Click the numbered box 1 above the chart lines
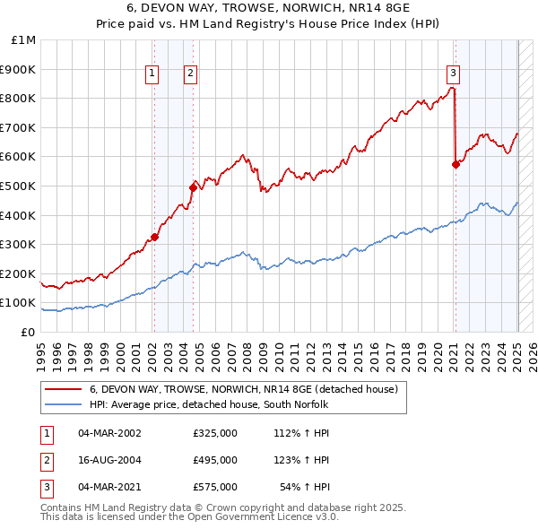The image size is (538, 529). [x=152, y=74]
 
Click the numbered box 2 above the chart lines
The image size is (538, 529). [x=192, y=74]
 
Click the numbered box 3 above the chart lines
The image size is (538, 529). [x=453, y=74]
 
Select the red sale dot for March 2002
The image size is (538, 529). [x=154, y=237]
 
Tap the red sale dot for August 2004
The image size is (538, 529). [x=194, y=186]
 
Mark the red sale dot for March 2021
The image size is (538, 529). [x=455, y=163]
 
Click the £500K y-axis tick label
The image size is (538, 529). [x=20, y=186]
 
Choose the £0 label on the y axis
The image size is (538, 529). [x=28, y=332]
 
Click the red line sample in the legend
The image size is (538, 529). [x=63, y=390]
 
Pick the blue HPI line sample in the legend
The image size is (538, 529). [x=63, y=405]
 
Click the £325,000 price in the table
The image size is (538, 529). [x=215, y=433]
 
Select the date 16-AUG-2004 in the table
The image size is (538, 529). [x=110, y=460]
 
